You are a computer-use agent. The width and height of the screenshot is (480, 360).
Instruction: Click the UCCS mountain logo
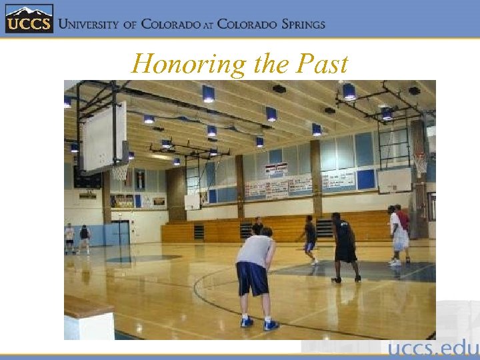tap(29, 19)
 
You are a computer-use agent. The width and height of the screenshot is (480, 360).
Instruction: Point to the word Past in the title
tap(323, 64)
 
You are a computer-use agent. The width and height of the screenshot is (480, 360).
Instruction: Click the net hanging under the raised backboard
tap(119, 173)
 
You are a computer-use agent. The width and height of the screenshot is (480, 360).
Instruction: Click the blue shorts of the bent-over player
tap(253, 278)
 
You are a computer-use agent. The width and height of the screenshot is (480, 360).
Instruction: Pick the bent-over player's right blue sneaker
tap(271, 325)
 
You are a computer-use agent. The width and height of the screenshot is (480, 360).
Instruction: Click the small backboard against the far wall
tap(192, 201)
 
